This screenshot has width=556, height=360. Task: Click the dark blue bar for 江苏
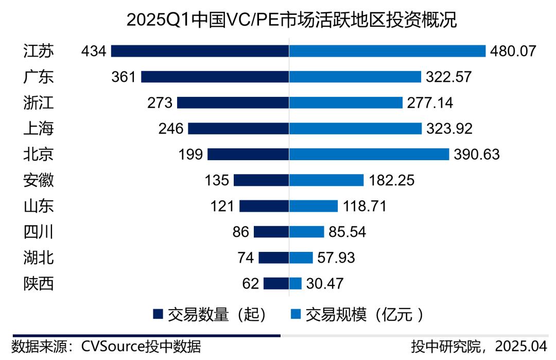point(200,51)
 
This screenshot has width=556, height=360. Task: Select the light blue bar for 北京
point(369,154)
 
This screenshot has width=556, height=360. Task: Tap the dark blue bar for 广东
point(215,77)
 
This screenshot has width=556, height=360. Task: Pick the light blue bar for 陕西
point(296,283)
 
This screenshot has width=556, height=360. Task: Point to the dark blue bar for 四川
point(271,232)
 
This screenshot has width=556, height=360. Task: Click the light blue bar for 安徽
point(326,180)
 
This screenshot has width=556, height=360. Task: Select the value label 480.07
point(514,51)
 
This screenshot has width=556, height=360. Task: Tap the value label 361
point(124,77)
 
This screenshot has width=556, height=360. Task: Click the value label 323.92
point(449,128)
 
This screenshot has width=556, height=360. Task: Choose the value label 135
point(216,180)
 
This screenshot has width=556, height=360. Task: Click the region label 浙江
point(39,102)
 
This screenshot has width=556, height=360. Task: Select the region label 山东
point(39,206)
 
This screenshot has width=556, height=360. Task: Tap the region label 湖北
point(39,258)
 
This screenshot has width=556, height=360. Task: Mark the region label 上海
point(39,128)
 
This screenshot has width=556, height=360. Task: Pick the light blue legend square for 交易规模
point(296,314)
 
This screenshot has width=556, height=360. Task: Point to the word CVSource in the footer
point(113,347)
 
